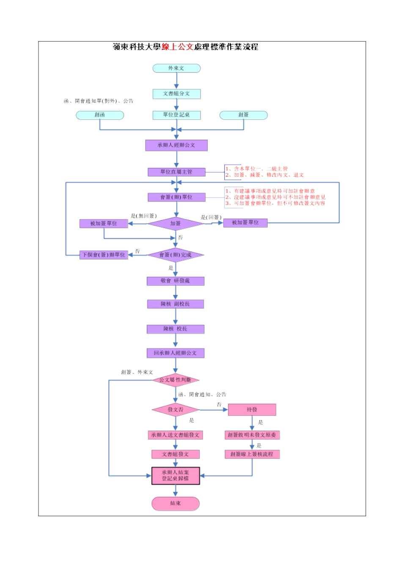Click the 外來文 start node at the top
tap(176, 68)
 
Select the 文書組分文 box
tap(176, 94)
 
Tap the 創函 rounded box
tap(100, 115)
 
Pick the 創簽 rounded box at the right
tap(243, 115)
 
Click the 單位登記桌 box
tap(176, 115)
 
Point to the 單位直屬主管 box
tap(176, 172)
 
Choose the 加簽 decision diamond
tap(176, 224)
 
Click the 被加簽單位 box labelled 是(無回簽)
tap(104, 224)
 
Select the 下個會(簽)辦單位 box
tap(104, 255)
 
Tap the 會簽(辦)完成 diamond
tap(176, 255)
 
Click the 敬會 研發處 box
tap(176, 281)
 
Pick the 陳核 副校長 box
tap(176, 304)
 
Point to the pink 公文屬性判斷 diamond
tap(176, 380)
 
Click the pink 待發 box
tap(252, 410)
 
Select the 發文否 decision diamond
tap(176, 410)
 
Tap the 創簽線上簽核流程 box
tap(252, 454)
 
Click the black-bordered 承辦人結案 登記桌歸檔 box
tap(176, 476)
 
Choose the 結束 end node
tap(176, 503)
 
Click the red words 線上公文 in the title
tap(177, 47)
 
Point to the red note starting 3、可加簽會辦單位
tap(275, 204)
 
